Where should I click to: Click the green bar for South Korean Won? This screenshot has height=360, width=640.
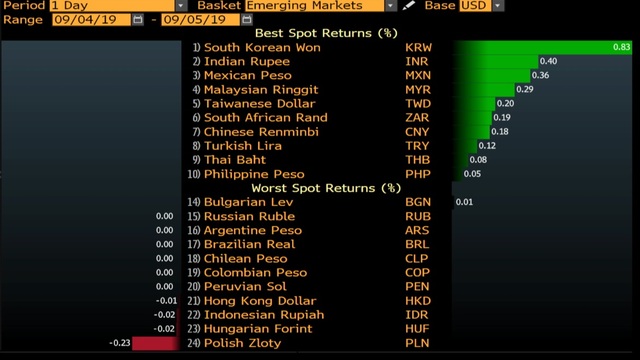coord(542,47)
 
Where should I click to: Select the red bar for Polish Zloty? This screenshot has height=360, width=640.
coord(156,343)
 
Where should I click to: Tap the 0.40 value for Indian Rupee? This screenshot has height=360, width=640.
coord(548,61)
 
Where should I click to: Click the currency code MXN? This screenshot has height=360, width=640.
coord(418,76)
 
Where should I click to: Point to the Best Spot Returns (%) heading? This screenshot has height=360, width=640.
coord(326,33)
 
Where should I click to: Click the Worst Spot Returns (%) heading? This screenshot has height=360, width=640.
coord(326,188)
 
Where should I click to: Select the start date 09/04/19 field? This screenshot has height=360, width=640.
coord(91,20)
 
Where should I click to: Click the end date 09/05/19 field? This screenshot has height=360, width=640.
coord(200,20)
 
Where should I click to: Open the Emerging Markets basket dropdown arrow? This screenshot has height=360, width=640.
coord(390,6)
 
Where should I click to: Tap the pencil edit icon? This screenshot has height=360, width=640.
coord(408,5)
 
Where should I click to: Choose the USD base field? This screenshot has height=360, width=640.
coord(475,6)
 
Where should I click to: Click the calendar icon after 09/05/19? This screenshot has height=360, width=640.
coord(247,20)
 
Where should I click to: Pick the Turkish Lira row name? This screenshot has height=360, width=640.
coord(242,146)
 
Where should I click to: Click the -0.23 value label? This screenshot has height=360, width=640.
coord(120,343)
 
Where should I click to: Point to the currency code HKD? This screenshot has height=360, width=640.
coord(418,301)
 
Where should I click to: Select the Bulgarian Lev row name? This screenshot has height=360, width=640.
coord(248,202)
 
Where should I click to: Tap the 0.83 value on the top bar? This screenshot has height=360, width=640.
coord(621,47)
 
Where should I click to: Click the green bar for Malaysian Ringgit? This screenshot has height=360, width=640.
coord(484,89)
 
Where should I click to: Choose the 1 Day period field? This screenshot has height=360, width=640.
coord(112,6)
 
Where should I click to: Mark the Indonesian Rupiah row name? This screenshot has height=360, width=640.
coord(264,315)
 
